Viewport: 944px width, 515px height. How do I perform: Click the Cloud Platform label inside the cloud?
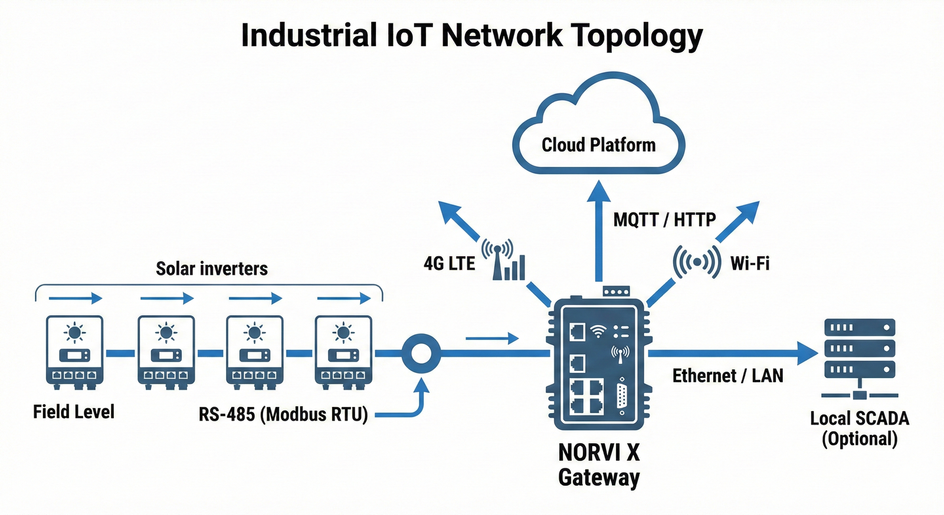pos(598,145)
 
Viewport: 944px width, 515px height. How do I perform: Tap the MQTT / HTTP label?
pos(664,220)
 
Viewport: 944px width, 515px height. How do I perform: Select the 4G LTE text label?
pos(449,263)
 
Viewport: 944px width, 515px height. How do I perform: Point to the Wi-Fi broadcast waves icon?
pos(697,261)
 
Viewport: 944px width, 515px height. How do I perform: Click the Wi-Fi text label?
pos(750,263)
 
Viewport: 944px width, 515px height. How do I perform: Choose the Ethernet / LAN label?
pos(727,376)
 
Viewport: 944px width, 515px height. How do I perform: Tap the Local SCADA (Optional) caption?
pos(860,428)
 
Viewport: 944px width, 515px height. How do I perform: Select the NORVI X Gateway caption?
pos(599,465)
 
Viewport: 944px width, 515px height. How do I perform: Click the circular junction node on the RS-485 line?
pos(421,353)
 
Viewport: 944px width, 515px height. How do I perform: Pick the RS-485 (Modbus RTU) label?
pos(283,414)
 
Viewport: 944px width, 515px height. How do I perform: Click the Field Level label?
pos(74,412)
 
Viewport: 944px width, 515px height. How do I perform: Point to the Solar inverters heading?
pos(212,269)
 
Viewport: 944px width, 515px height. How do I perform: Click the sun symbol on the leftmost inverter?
pos(75,333)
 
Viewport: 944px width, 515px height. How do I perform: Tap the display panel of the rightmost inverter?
pos(343,355)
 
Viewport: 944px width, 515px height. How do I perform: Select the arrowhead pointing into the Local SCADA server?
pos(807,353)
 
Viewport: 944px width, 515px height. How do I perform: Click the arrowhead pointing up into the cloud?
pos(599,192)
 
